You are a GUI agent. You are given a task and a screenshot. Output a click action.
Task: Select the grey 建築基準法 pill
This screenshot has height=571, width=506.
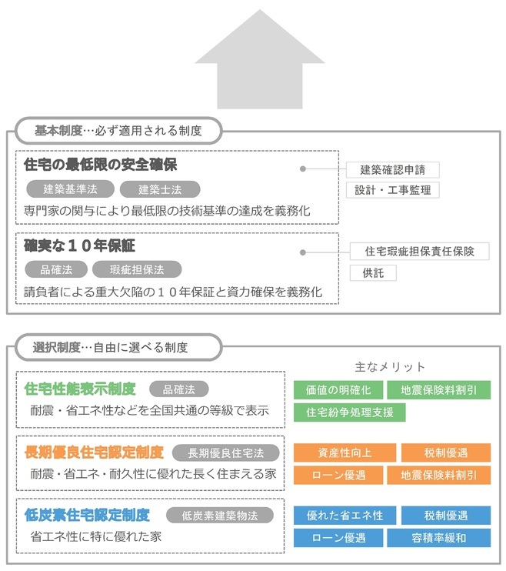[70, 189]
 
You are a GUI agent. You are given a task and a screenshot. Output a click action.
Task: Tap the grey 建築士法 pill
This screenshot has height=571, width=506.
[160, 189]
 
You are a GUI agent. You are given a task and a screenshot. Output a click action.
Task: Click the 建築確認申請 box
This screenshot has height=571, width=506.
[392, 170]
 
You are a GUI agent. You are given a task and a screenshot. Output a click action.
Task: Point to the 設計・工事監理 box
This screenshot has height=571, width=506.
[392, 190]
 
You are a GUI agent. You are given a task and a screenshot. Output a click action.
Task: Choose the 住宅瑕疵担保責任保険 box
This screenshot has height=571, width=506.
[419, 252]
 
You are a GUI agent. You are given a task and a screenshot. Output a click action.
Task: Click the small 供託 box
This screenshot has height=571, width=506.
[373, 272]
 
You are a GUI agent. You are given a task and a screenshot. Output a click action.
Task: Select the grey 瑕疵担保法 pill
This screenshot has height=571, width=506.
[137, 269]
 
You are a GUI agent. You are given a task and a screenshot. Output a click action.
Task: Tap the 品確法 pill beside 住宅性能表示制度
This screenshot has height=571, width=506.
[178, 389]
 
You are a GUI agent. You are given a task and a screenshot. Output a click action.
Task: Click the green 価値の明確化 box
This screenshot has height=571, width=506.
[338, 390]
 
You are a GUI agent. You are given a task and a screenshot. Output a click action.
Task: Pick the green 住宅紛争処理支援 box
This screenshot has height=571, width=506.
[349, 412]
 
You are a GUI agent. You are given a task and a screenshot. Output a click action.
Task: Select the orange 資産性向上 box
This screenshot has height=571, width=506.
[345, 452]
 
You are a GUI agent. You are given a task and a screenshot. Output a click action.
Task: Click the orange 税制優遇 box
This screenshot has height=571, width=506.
[446, 452]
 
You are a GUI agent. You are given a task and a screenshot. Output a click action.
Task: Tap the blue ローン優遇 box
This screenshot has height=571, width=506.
[338, 538]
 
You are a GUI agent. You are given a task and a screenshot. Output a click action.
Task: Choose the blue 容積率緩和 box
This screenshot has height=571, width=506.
[438, 538]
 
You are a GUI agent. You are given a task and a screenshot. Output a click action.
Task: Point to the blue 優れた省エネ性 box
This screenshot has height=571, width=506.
[345, 516]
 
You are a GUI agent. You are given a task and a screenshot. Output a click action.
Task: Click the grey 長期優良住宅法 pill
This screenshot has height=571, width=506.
[225, 453]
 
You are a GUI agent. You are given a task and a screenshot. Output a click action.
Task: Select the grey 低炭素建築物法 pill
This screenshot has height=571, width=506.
[219, 516]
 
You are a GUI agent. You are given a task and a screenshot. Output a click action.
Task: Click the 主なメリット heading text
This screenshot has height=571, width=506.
[390, 367]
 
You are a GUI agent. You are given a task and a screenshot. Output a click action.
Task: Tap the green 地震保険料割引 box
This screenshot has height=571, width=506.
[438, 390]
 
